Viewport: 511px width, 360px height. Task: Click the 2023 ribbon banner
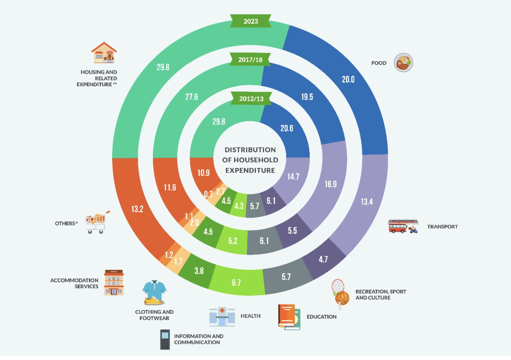[x=250, y=21]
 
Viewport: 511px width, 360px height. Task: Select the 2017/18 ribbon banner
[x=250, y=60]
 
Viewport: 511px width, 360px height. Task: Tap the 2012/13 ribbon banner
[x=251, y=99]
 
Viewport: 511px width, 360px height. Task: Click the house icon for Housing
[x=104, y=52]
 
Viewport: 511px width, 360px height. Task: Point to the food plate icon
[x=403, y=62]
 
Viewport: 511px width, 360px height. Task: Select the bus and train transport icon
[x=403, y=226]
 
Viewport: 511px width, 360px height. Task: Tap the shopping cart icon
[x=97, y=222]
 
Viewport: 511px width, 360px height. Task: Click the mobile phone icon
[x=165, y=339]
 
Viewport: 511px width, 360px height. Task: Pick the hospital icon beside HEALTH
[x=222, y=316]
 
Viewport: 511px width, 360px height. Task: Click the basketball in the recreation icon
[x=342, y=298]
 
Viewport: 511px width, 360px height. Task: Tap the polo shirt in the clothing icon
[x=154, y=289]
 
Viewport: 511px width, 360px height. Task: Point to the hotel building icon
[x=114, y=283]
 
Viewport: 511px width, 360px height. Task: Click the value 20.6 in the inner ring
[x=287, y=128]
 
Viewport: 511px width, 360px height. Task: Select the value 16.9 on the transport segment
[x=330, y=184]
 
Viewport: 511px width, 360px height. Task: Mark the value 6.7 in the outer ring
[x=236, y=283]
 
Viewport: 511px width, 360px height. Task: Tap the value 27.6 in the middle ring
[x=192, y=97]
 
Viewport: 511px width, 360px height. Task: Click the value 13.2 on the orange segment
[x=137, y=209]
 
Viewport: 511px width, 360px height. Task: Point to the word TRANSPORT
[x=442, y=227]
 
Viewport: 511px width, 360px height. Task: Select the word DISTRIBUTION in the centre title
[x=250, y=150]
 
